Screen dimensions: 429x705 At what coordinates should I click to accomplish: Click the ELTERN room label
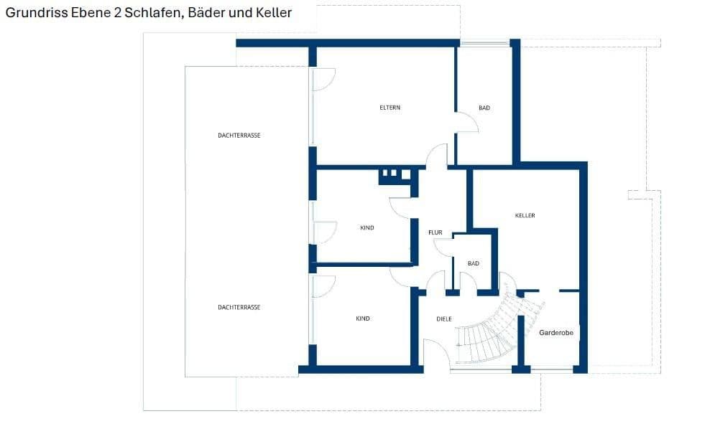coord(390,108)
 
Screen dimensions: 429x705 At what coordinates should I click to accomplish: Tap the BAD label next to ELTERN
coord(484,108)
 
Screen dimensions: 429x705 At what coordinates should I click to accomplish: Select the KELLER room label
coord(525,215)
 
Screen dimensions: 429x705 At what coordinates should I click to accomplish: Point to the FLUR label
coord(435,232)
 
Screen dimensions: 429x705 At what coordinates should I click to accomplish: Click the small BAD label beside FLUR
coord(473,263)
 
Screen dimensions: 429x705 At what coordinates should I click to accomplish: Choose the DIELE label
coord(444,319)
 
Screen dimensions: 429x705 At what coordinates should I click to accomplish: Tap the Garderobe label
coord(556,333)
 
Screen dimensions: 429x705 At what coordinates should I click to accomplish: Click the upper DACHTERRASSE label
coord(239,135)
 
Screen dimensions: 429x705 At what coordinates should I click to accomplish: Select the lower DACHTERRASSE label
coord(239,307)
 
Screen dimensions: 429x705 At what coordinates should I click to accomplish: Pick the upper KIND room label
coord(367,227)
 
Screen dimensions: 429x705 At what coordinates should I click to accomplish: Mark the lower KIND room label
coord(363,319)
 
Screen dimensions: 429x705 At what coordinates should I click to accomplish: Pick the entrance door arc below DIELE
coord(436,354)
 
